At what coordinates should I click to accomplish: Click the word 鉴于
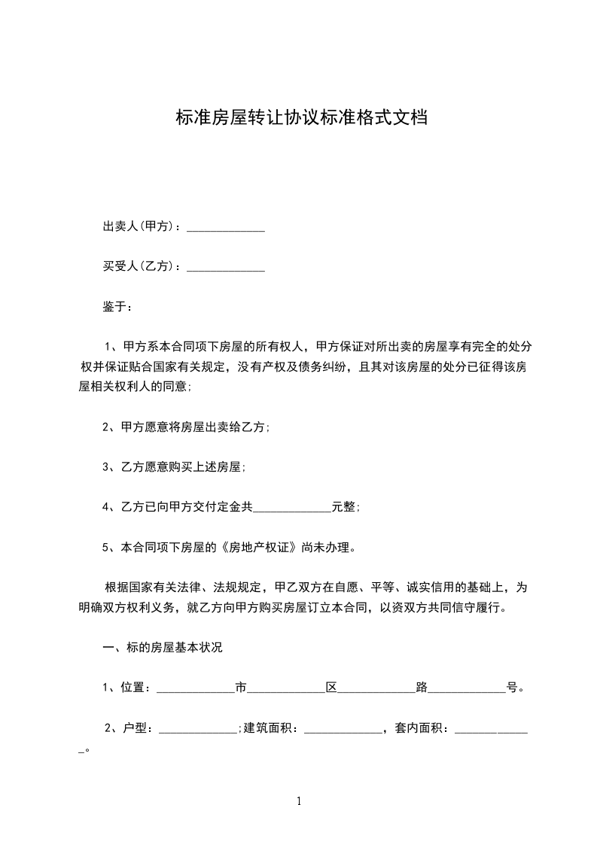(114, 307)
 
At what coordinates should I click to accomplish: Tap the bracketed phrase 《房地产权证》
(257, 548)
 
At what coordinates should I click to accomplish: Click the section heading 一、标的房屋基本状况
(163, 648)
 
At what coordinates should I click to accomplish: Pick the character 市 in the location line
(241, 687)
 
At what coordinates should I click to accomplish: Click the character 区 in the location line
(331, 687)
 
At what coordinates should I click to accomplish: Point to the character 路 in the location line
(422, 687)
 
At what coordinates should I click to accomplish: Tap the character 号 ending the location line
(512, 687)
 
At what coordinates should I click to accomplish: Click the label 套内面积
(419, 727)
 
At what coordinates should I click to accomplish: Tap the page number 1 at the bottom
(299, 802)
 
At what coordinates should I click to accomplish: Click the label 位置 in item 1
(132, 687)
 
